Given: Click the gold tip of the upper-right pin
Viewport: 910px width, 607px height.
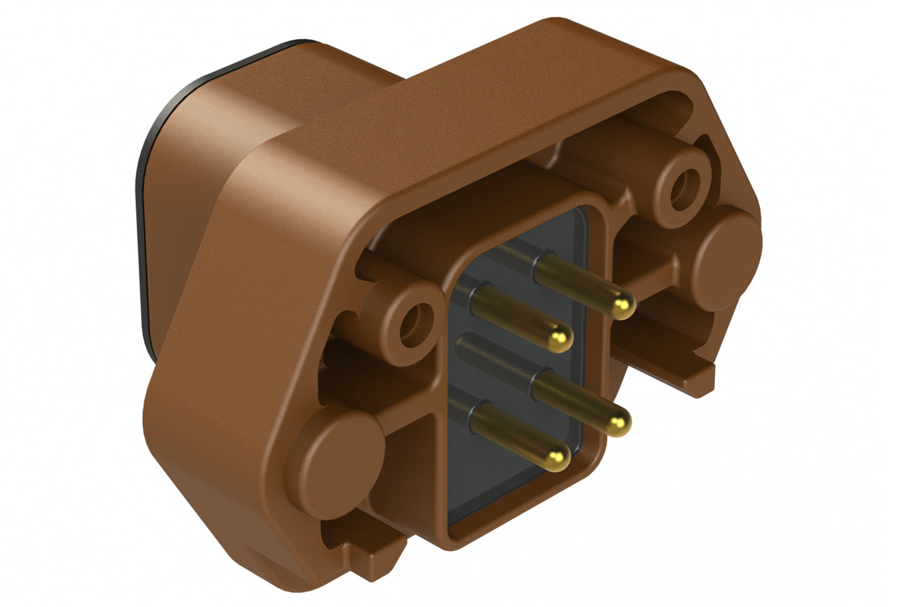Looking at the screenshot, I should click(623, 307).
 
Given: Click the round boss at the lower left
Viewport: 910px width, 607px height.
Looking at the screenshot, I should click(340, 457).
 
